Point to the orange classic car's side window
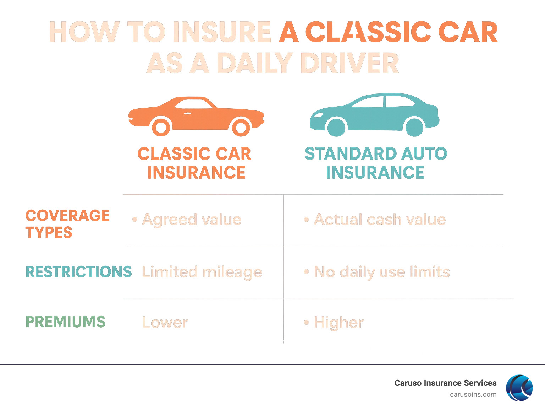point(193,104)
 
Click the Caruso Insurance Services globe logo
point(519,388)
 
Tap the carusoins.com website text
point(473,395)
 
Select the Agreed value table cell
point(192,220)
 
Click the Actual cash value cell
point(380,220)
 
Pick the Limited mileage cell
point(202,272)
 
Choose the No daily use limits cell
point(382,272)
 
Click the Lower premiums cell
point(165,323)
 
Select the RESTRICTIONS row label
point(78,272)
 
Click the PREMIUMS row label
point(65,322)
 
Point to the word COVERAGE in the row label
point(67,216)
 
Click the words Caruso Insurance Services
point(445,383)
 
